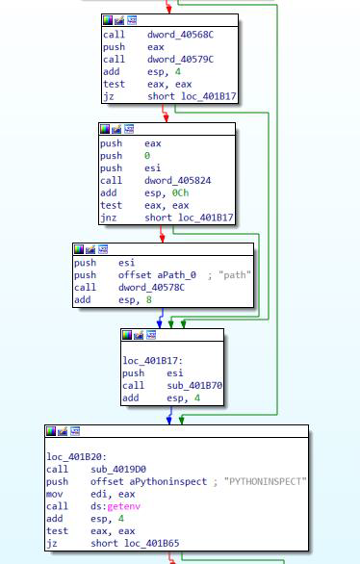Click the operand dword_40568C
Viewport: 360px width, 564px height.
180,35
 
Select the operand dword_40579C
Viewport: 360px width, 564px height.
180,60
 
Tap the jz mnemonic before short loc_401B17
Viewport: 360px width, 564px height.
108,97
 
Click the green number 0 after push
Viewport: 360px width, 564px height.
147,156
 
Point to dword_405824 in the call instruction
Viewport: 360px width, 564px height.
178,181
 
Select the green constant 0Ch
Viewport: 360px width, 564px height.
180,193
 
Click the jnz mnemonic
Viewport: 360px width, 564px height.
108,218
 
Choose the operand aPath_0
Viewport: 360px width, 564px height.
176,275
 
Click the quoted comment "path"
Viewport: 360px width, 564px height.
235,275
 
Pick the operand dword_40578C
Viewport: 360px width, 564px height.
151,288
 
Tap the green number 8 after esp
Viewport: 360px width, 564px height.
149,300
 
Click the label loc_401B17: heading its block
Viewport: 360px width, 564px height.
152,361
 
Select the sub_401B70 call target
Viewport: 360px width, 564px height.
194,386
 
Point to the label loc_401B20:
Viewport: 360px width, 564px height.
76,457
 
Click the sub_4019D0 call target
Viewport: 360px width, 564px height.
118,470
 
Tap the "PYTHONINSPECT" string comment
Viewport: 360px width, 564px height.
265,481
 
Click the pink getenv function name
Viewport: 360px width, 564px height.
124,506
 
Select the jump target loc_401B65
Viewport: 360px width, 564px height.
152,543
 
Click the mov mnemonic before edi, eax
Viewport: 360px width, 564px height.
54,494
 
